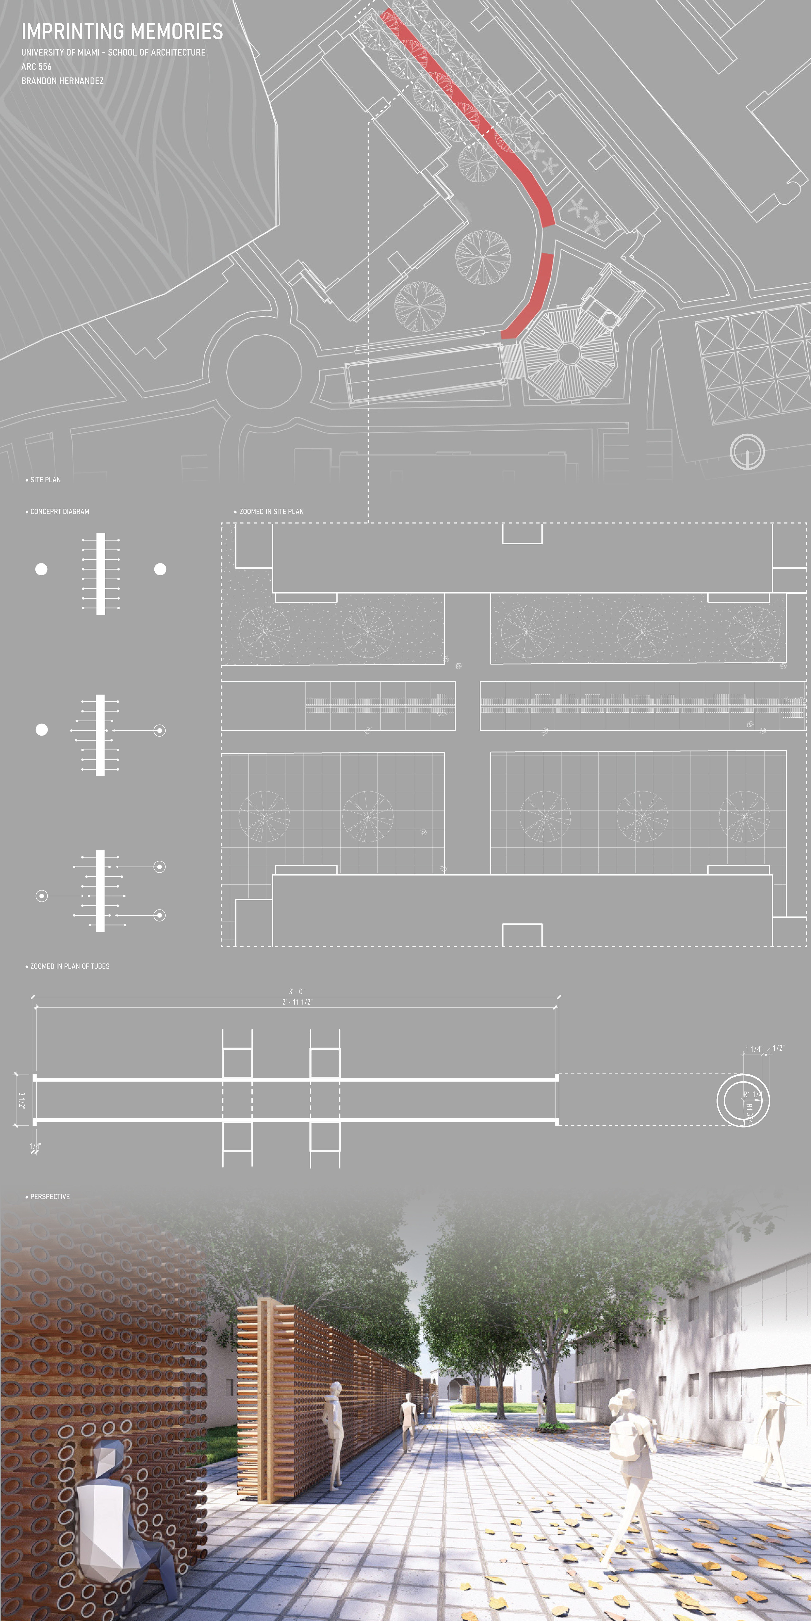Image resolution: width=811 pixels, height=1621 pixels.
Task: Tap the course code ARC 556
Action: [37, 67]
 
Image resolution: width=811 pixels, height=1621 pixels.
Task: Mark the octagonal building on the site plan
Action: [569, 354]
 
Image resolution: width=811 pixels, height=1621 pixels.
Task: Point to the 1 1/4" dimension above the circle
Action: [753, 1049]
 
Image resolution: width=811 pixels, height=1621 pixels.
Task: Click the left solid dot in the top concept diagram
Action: [42, 569]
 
